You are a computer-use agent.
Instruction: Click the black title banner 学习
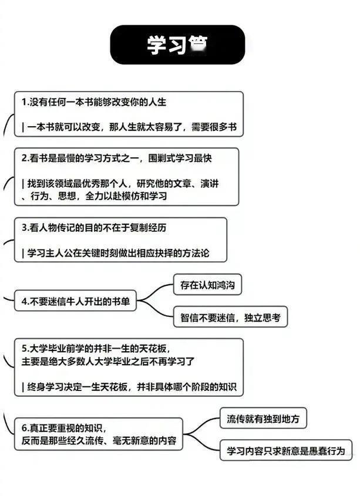[177, 45]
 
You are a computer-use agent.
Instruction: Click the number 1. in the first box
[25, 102]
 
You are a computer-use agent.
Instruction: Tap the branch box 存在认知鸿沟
[207, 286]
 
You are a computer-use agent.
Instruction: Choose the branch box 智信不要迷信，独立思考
[230, 318]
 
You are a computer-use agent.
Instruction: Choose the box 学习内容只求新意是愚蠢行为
[286, 451]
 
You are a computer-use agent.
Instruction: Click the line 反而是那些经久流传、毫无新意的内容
[97, 440]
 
